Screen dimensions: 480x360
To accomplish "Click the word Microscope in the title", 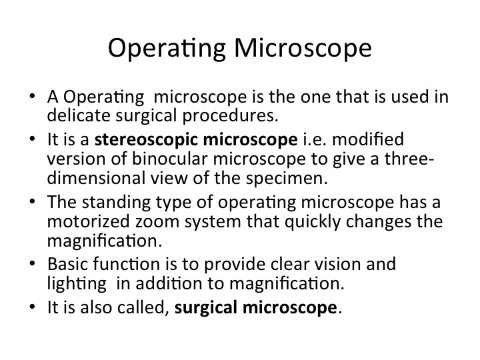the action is click(x=303, y=48).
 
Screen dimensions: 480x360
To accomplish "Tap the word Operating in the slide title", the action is click(x=167, y=49).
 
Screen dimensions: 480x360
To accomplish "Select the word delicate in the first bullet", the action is click(x=79, y=115).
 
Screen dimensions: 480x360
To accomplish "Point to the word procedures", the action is click(x=230, y=116).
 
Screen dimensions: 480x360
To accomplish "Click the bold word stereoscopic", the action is click(x=146, y=140).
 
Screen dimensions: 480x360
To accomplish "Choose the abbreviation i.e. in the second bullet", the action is click(x=315, y=139).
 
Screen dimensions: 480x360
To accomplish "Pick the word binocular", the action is click(x=169, y=159).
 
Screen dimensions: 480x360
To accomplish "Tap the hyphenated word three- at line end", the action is click(x=409, y=159).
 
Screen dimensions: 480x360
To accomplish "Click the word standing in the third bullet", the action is click(x=116, y=203).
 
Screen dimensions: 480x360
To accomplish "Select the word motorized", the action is click(x=89, y=221).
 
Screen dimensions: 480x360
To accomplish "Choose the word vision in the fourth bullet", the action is click(x=338, y=264).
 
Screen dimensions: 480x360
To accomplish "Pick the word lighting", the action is click(x=77, y=284).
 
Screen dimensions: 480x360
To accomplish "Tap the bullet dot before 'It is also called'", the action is click(x=32, y=307).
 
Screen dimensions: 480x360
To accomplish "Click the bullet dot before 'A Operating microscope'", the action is click(x=32, y=96).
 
